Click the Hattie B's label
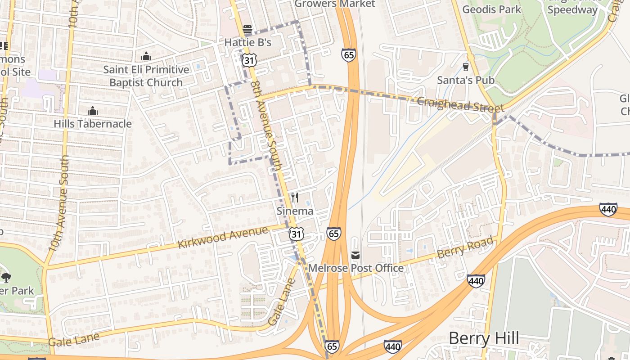coord(248,43)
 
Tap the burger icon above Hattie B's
coord(247,30)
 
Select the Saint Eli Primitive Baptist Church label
coord(146,76)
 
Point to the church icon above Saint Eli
coord(146,57)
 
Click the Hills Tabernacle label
coord(93,124)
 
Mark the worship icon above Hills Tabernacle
coord(93,111)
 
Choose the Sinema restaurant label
coord(295,211)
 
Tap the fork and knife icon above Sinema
coord(295,198)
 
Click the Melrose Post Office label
coord(355,268)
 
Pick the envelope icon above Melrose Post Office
coord(355,255)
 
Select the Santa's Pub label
coord(466,80)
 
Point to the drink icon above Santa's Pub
coord(466,67)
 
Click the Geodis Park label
coord(491,9)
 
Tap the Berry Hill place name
coord(484,338)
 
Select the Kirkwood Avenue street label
coord(223,238)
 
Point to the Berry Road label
coord(465,248)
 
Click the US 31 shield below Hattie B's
coord(248,60)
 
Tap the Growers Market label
coord(334,4)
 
